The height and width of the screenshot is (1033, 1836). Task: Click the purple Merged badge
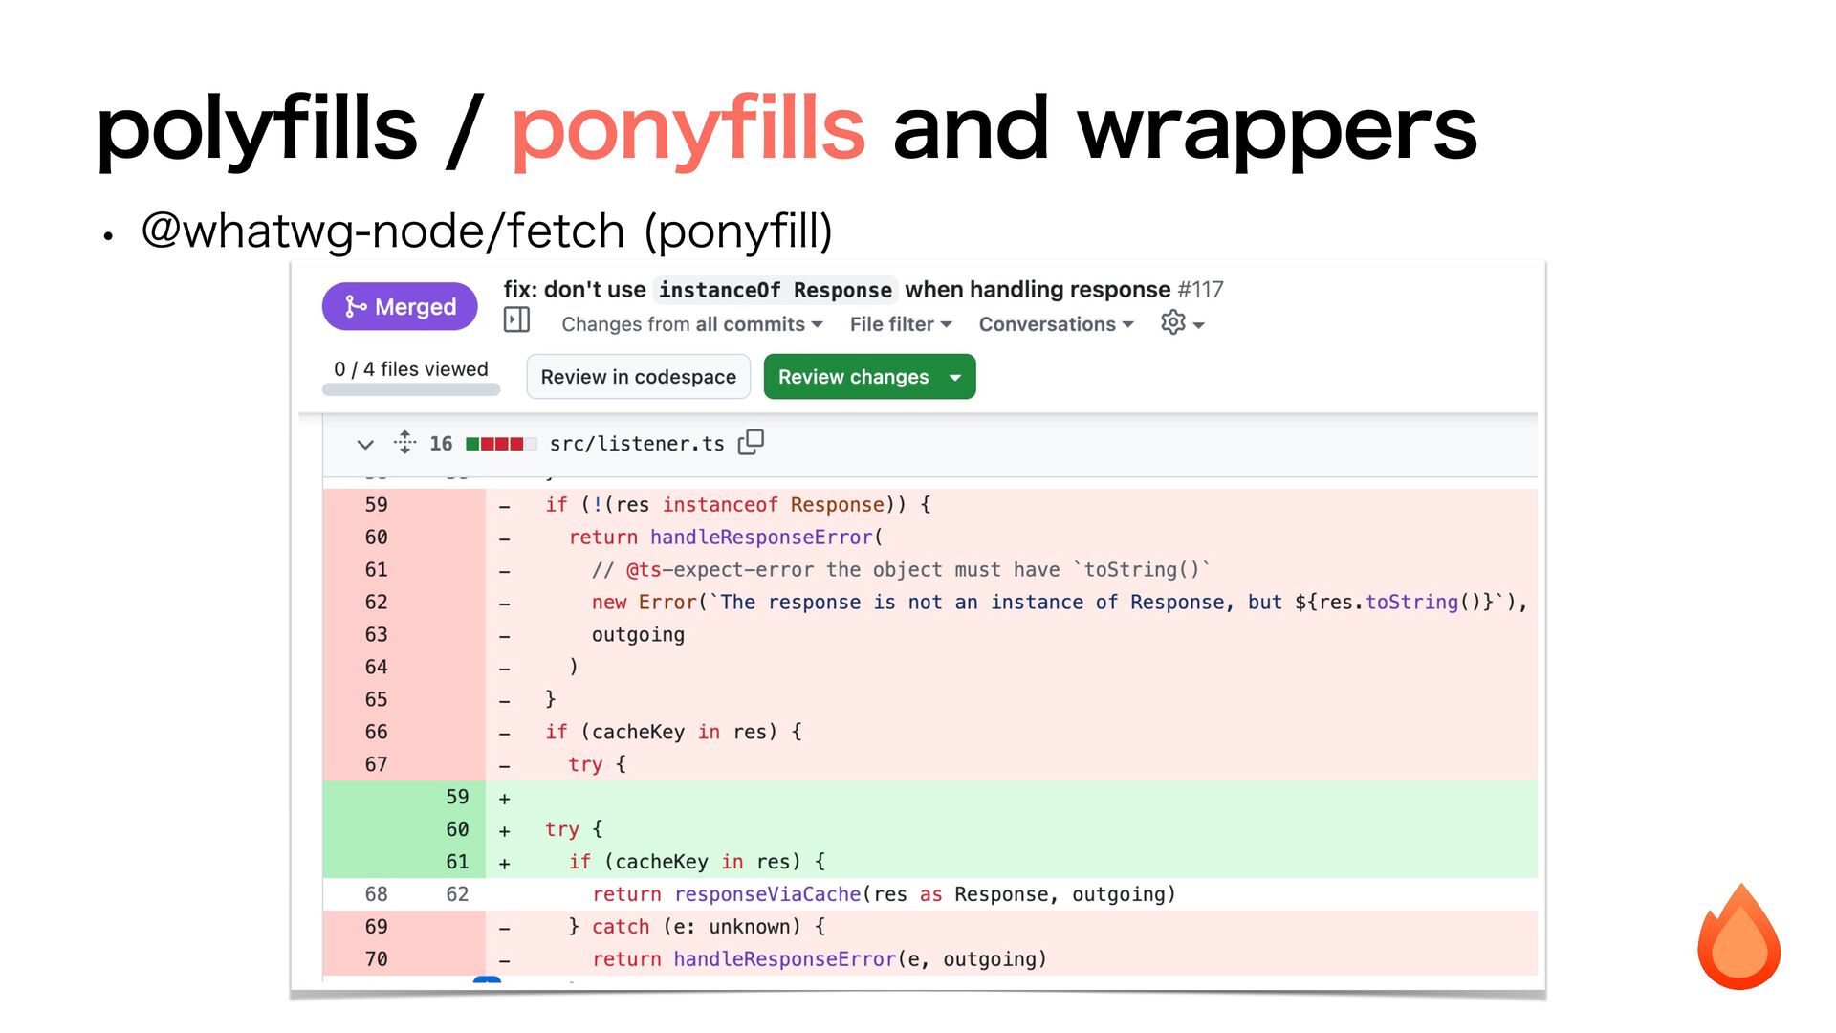pos(400,306)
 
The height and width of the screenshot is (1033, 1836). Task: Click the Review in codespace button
pos(638,377)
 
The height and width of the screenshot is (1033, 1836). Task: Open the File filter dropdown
pos(900,324)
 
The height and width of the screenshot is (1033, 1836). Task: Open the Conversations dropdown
pos(1056,324)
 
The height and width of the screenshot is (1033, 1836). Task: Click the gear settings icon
pos(1173,323)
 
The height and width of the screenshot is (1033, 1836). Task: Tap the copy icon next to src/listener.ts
pos(751,442)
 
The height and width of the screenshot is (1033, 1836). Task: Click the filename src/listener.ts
pos(637,444)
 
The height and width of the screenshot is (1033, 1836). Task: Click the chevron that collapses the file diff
pos(364,444)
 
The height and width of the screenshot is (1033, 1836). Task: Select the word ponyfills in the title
pos(688,129)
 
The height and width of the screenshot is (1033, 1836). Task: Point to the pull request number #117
pos(1200,289)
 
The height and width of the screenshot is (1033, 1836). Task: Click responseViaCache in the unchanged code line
pos(767,894)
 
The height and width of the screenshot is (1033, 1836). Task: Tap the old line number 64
pos(376,668)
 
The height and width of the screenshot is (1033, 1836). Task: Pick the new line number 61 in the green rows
pos(457,862)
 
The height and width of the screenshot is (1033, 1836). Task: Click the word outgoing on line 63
pos(638,635)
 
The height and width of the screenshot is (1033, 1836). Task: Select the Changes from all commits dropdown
pos(691,324)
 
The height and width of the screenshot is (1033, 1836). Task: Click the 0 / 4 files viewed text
pos(410,369)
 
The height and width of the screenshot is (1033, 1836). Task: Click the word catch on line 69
pos(620,927)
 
